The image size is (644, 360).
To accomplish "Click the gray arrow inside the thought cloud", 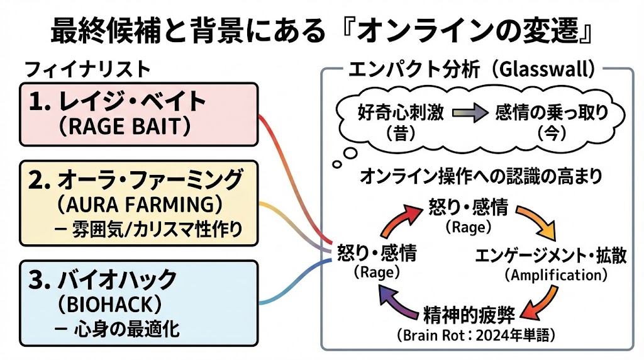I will coord(470,114).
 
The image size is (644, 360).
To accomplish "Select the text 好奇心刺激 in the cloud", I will coord(401,113).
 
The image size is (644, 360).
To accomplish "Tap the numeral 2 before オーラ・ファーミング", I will coord(36,181).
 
